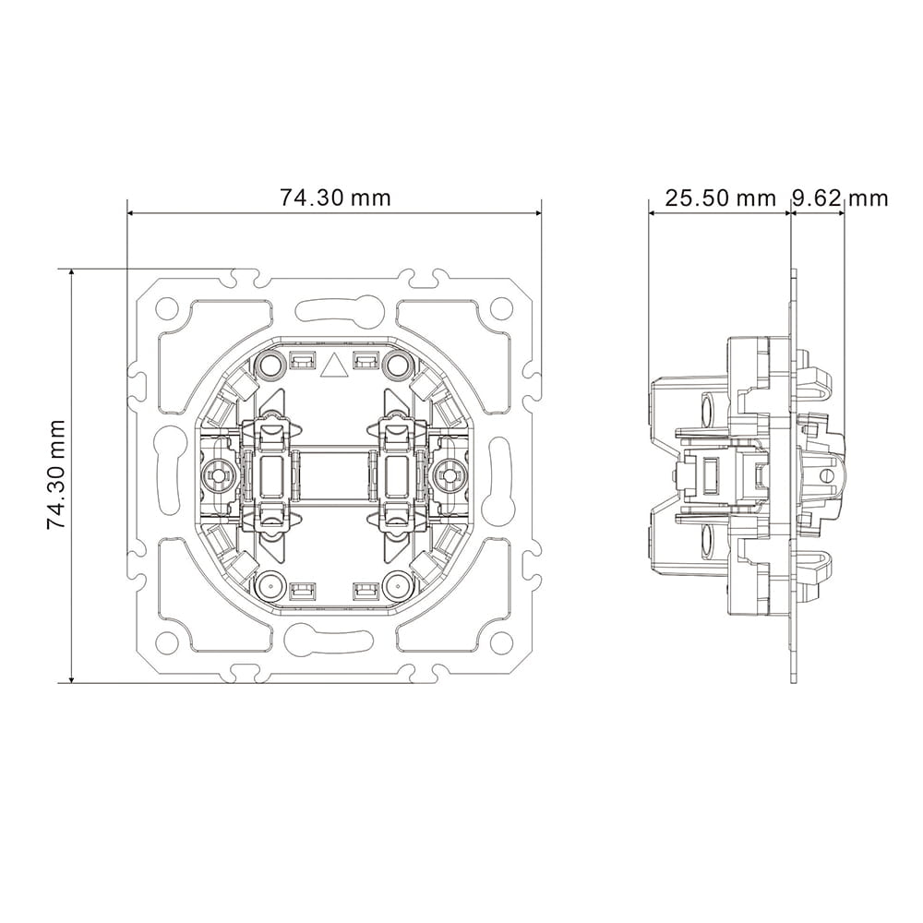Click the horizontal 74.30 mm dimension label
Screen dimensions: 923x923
tap(335, 198)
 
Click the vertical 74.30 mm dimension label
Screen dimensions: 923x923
tap(56, 474)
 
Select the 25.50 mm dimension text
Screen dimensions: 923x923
tap(721, 198)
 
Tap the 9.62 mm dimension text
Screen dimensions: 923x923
tap(839, 198)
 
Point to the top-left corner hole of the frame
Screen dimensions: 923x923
tap(167, 306)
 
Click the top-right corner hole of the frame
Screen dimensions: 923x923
tap(501, 306)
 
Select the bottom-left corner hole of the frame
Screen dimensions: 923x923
tap(167, 641)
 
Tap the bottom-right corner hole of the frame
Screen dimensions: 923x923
tap(501, 641)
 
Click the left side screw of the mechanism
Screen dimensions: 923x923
tap(217, 474)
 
